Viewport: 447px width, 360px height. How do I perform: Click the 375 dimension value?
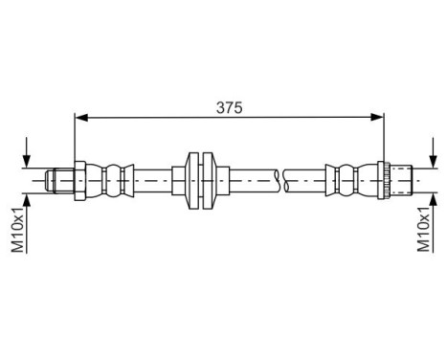tap(229, 108)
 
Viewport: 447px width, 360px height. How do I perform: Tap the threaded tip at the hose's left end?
tap(59, 178)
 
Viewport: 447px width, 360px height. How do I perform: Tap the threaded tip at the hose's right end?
tap(399, 178)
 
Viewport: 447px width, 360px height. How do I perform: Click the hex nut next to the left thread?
tap(80, 178)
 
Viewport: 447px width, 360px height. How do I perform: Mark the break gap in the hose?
tap(279, 178)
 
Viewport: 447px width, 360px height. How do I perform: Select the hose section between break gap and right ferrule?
tap(306, 178)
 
